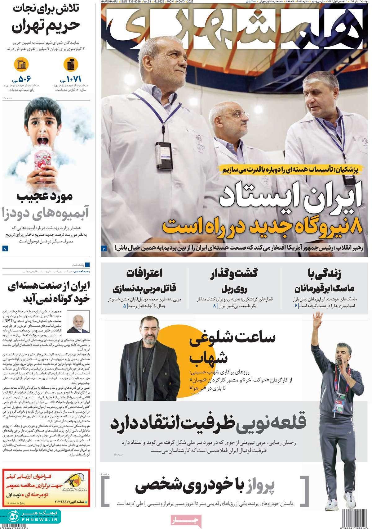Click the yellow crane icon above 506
(x=21, y=65)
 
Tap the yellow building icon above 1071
(x=71, y=65)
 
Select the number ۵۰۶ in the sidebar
(x=25, y=79)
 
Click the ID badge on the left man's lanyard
(x=163, y=154)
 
